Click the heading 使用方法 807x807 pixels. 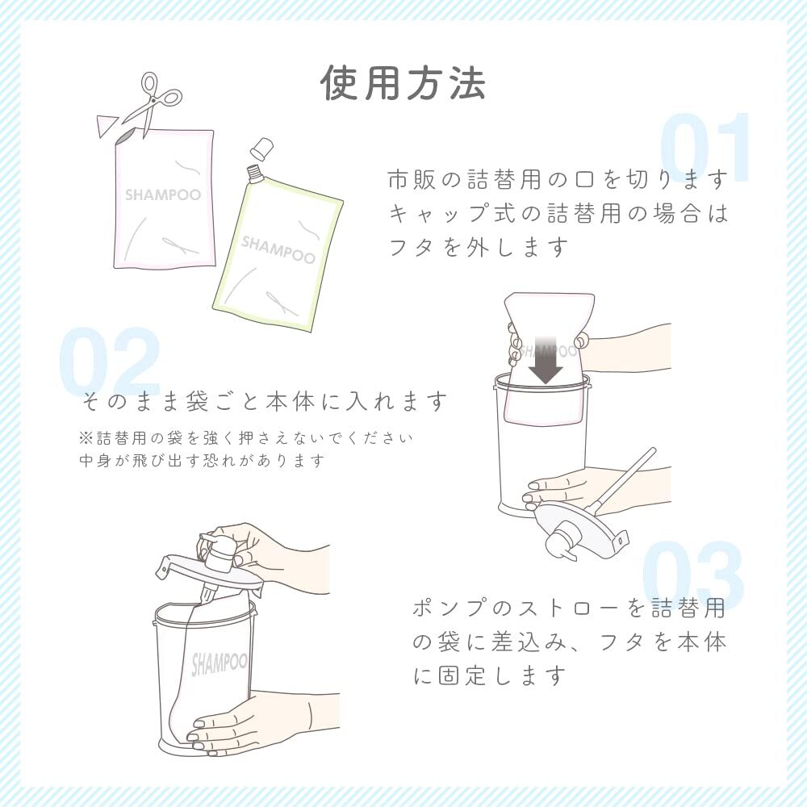(403, 82)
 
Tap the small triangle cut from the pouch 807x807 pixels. (106, 126)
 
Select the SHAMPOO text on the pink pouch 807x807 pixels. (162, 195)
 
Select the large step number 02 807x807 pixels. (109, 363)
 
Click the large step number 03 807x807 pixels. (692, 576)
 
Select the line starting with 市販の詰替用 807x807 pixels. (558, 178)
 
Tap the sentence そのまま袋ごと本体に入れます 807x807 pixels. (265, 400)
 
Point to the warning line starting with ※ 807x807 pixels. (246, 438)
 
